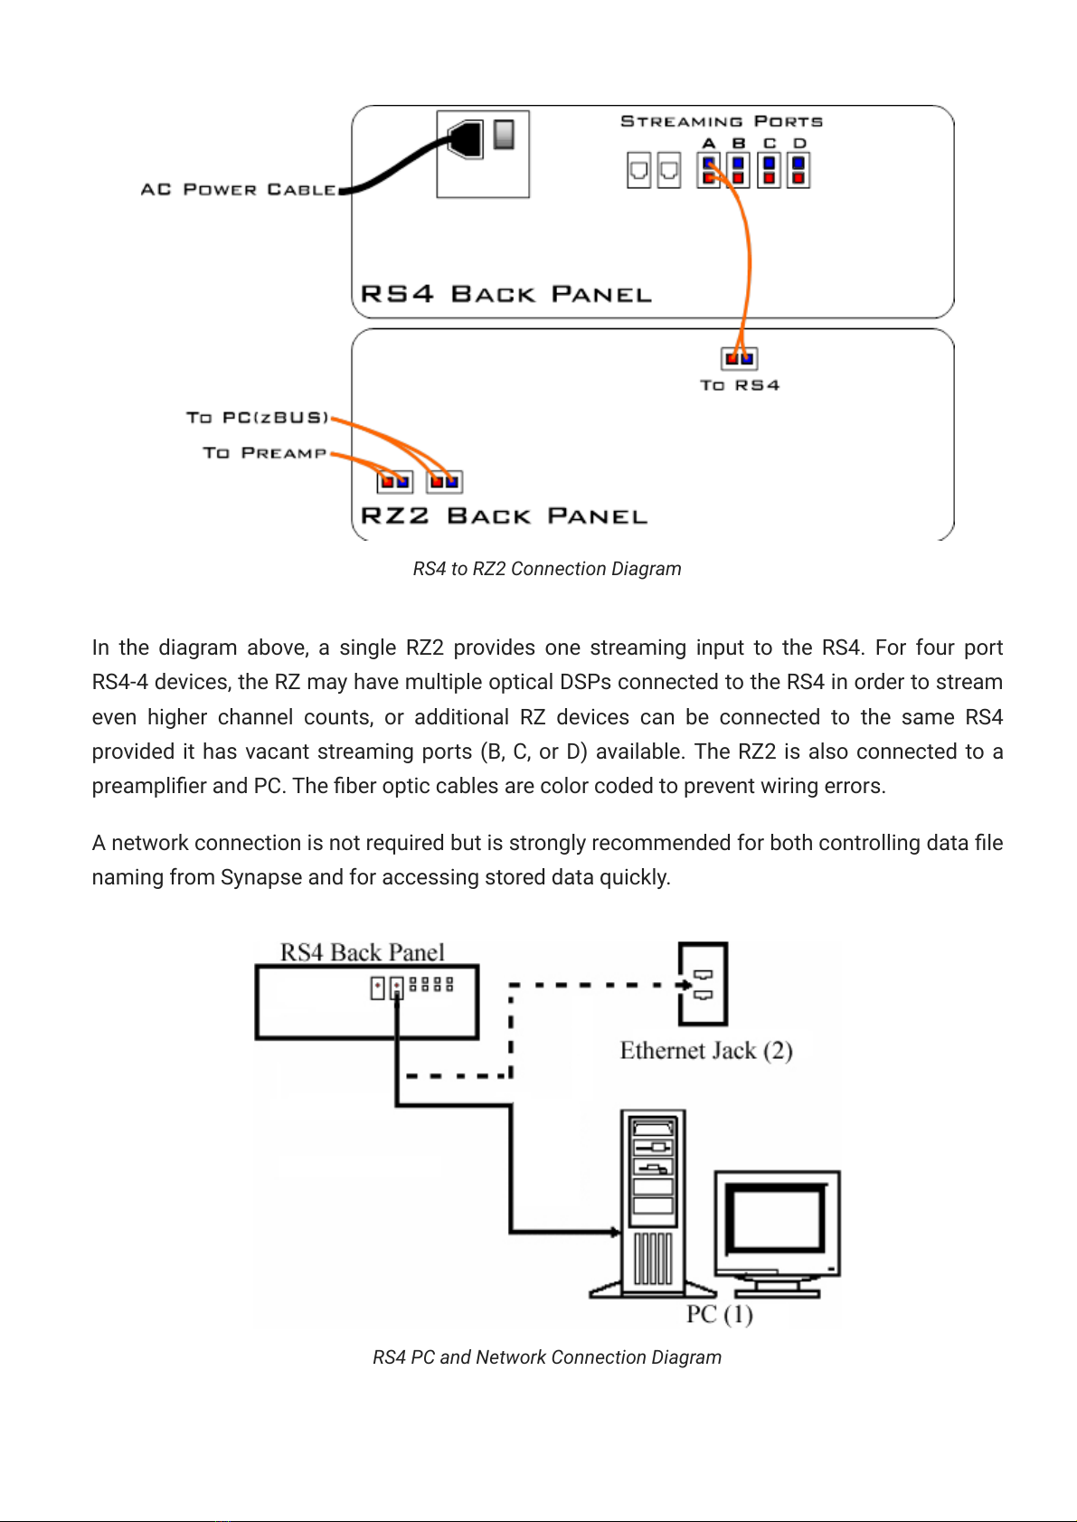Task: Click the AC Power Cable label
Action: coord(238,189)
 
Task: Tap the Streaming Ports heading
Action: coord(721,121)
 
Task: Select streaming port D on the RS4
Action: coord(798,170)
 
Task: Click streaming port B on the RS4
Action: coord(739,170)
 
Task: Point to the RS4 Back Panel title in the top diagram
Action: coord(505,294)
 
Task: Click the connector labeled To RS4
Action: coord(739,358)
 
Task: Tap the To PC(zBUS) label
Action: coord(258,418)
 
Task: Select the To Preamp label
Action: coord(265,452)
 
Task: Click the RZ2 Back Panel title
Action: coord(504,515)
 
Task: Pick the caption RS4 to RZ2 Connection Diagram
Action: coord(547,569)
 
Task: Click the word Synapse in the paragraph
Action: coord(261,877)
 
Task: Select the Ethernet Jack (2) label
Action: coord(706,1050)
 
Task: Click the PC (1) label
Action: coord(719,1314)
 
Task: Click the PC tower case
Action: coord(653,1203)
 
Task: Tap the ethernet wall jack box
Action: coord(703,984)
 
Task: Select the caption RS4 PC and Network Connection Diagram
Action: coord(547,1357)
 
